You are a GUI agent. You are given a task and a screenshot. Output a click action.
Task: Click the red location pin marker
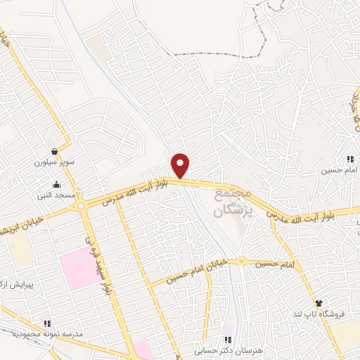click(x=181, y=165)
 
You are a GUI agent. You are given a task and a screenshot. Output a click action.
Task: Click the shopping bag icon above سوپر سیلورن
click(x=54, y=151)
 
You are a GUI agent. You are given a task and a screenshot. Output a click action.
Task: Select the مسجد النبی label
click(x=56, y=193)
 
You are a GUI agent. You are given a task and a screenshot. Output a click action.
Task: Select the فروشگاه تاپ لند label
click(x=328, y=312)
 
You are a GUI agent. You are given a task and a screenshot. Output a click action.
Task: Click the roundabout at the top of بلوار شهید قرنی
click(x=83, y=205)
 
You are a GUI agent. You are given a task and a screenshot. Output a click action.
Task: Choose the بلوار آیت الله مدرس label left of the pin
click(x=134, y=188)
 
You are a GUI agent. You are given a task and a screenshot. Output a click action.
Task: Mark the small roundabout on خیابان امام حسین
click(x=242, y=261)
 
